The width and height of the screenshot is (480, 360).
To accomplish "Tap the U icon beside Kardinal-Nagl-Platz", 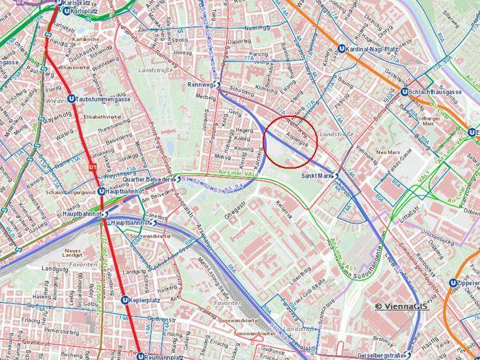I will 342,49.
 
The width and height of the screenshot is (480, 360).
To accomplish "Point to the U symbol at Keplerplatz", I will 124,300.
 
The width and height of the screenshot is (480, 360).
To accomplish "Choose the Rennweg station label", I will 199,85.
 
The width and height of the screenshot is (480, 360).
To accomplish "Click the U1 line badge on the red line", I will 91,168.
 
